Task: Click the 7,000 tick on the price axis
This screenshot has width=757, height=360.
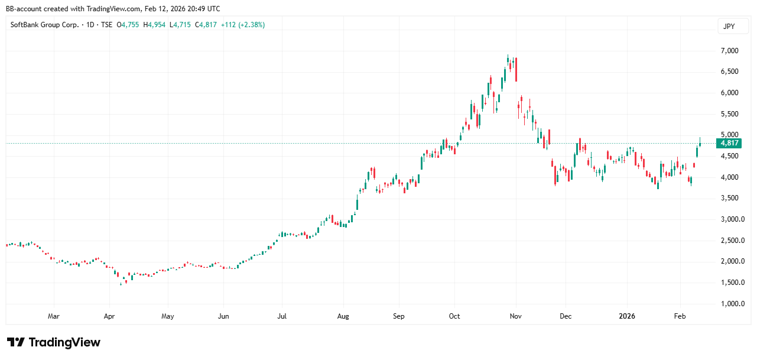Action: pyautogui.click(x=730, y=51)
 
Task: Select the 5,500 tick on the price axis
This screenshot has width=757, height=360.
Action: pyautogui.click(x=730, y=114)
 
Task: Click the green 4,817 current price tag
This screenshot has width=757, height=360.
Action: pyautogui.click(x=730, y=143)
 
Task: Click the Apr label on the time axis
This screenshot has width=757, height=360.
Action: pyautogui.click(x=110, y=316)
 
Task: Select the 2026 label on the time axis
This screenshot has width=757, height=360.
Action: pyautogui.click(x=627, y=316)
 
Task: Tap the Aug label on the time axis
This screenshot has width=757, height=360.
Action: pyautogui.click(x=343, y=316)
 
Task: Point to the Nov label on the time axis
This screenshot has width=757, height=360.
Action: pyautogui.click(x=516, y=316)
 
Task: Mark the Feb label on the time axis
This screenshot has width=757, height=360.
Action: pyautogui.click(x=681, y=316)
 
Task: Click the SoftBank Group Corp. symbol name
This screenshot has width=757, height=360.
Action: pyautogui.click(x=45, y=25)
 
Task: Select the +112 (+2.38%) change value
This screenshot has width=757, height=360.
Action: pyautogui.click(x=242, y=25)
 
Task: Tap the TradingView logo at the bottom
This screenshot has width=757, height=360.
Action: pyautogui.click(x=54, y=342)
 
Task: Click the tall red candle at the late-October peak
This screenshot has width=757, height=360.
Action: pyautogui.click(x=516, y=70)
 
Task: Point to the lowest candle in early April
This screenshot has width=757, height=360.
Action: pyautogui.click(x=121, y=284)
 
